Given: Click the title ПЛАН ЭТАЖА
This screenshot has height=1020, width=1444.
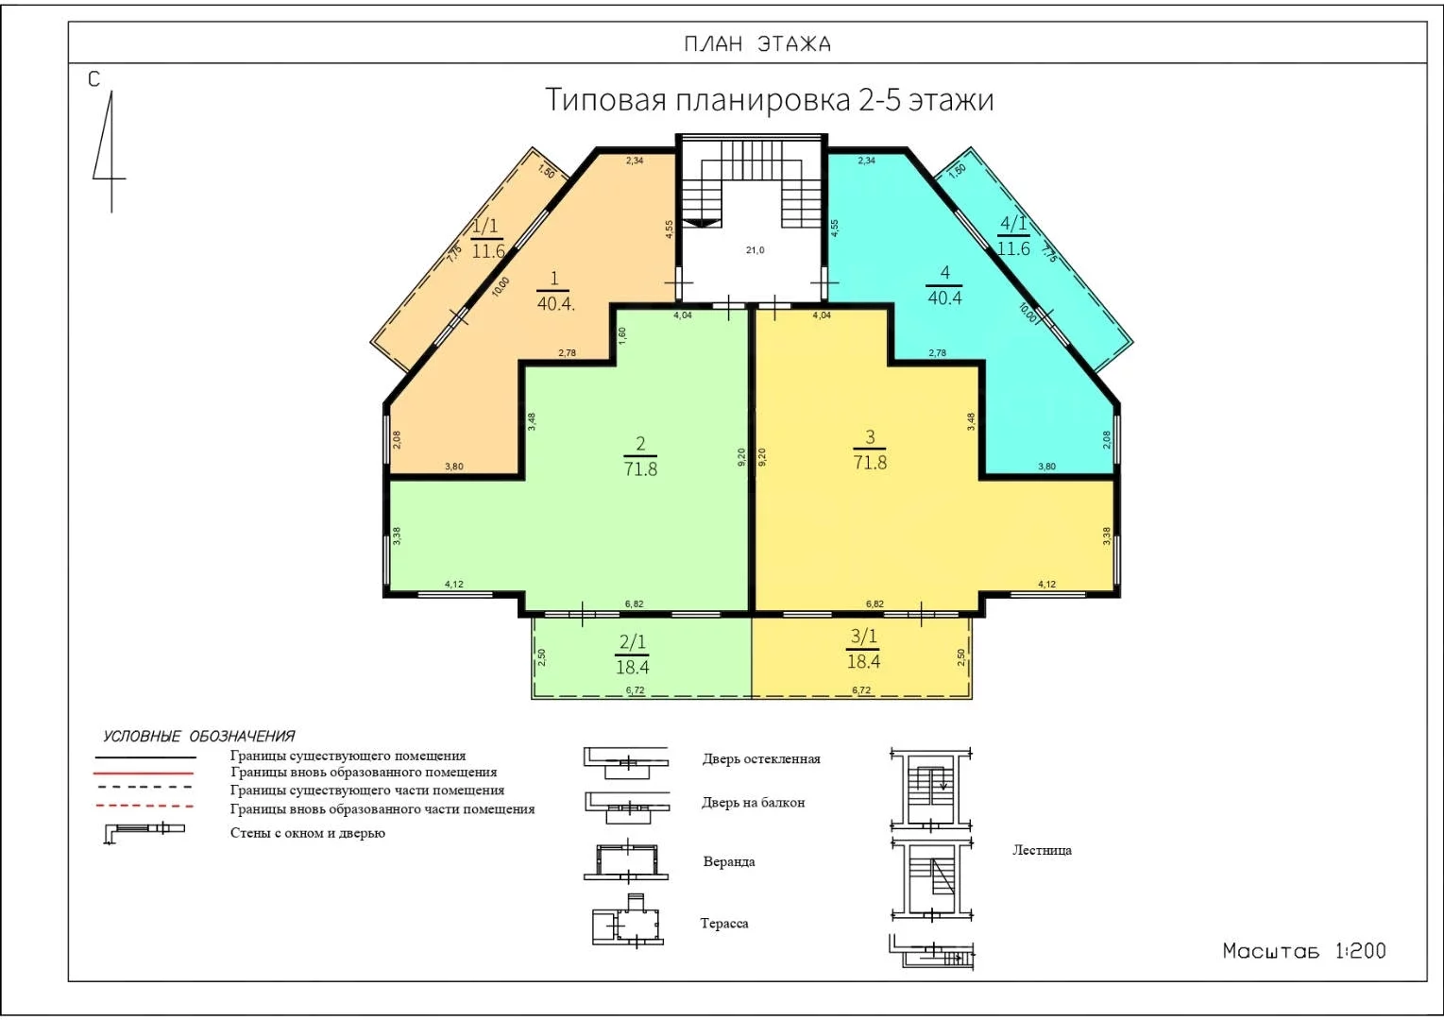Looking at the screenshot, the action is (x=756, y=43).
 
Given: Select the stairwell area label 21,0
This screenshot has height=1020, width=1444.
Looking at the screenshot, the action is (x=755, y=250).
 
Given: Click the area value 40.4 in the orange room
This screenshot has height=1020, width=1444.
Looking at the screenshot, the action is (x=555, y=303).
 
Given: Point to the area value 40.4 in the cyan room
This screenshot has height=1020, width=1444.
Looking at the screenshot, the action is (x=944, y=297).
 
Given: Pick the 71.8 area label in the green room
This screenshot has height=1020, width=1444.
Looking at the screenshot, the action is (x=640, y=468).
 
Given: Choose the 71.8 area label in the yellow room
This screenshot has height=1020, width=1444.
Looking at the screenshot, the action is (x=870, y=462).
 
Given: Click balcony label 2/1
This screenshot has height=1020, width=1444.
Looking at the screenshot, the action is (x=632, y=642).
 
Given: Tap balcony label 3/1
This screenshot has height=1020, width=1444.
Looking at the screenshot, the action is (x=863, y=637).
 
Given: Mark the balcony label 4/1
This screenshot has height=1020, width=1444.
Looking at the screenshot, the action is (x=1012, y=224).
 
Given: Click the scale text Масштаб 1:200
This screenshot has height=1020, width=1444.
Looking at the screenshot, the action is (x=1304, y=951).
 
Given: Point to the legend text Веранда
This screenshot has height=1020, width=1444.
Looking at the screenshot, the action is (x=729, y=862).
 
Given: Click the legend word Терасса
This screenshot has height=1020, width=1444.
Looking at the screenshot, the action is (x=724, y=924).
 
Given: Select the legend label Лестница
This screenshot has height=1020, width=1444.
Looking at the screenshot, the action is (x=1042, y=850).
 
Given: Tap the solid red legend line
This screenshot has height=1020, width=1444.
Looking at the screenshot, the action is (x=144, y=773).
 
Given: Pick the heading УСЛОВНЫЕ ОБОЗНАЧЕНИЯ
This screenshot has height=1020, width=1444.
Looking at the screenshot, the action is (x=198, y=737).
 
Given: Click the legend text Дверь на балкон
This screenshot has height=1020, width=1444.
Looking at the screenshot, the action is (x=753, y=803).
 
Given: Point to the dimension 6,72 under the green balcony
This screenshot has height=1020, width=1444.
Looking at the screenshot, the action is (x=635, y=689).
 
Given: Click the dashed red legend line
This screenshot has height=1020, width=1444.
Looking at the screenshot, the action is (x=144, y=806).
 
